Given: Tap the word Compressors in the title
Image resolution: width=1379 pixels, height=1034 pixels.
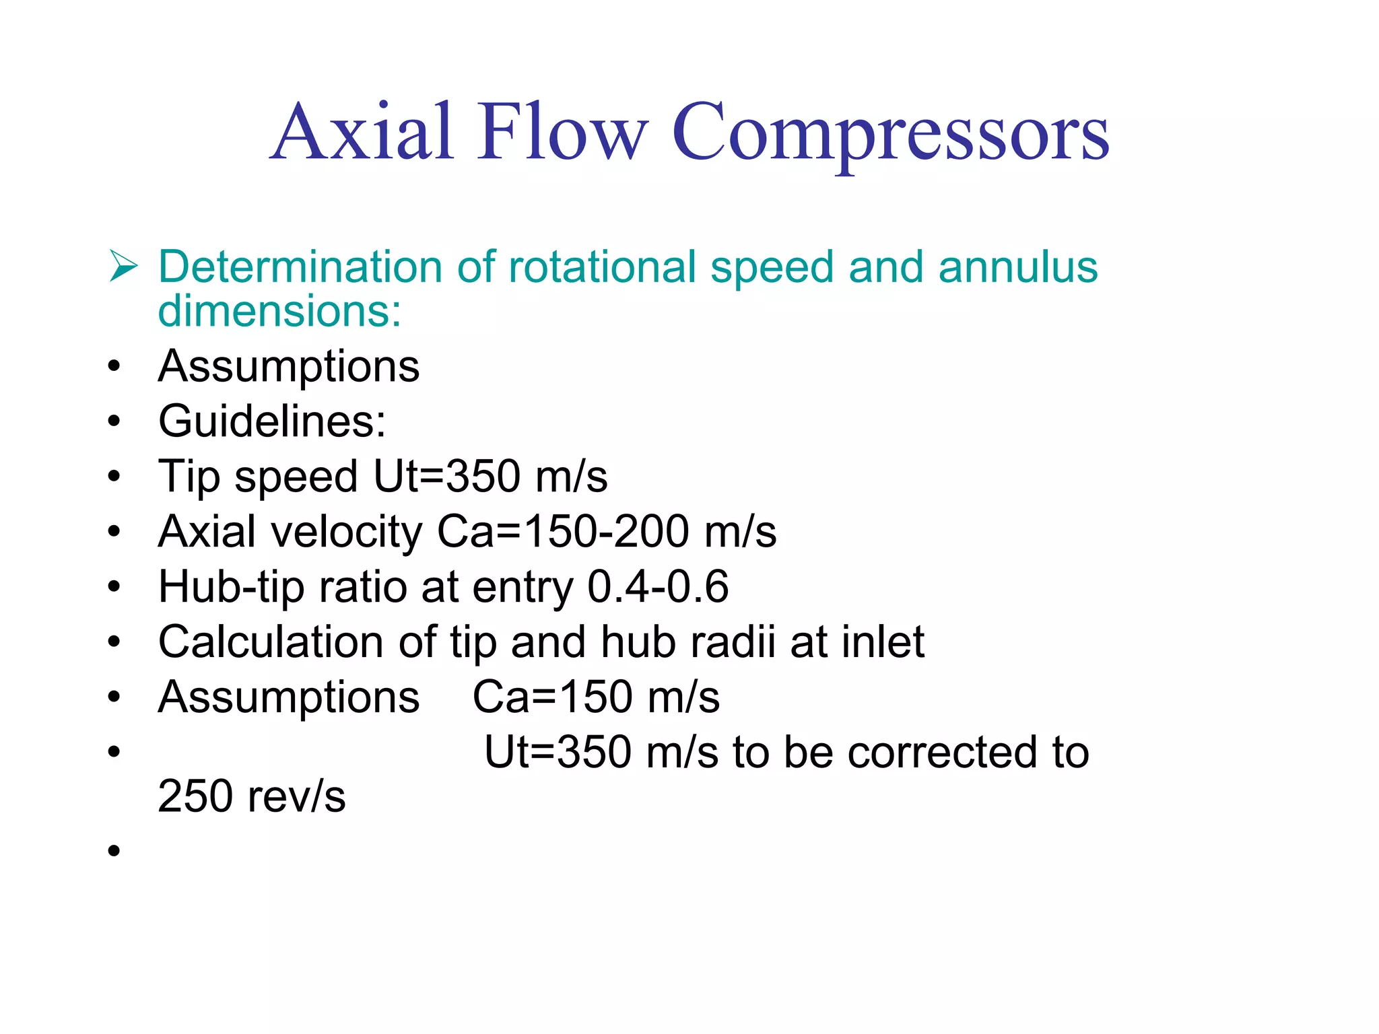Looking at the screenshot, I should click(890, 133).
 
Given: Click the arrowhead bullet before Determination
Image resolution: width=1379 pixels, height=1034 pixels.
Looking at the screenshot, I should click(123, 267).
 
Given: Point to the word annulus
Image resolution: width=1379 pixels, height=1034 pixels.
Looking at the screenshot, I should click(1017, 267).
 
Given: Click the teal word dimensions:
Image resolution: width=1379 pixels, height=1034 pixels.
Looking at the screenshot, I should click(279, 311).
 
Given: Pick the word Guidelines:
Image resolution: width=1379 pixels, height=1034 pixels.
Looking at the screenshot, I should click(272, 421).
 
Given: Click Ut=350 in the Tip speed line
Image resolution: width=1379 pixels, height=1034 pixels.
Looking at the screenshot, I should click(446, 477).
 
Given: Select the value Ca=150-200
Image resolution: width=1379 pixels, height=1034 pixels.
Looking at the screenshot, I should click(563, 532).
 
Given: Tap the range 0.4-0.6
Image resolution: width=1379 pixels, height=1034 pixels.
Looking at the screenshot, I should click(658, 586).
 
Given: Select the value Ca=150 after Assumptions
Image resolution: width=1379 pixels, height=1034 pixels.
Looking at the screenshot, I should click(552, 697).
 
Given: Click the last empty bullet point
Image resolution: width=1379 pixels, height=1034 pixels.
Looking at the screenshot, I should click(114, 850).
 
